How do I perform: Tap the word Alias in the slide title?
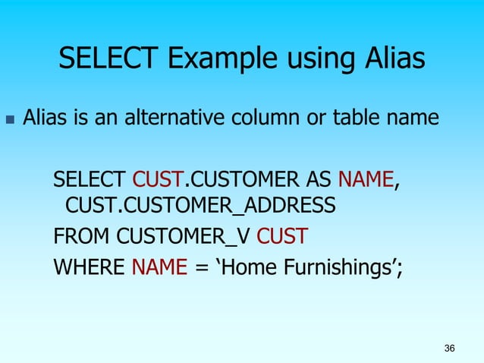tap(388, 58)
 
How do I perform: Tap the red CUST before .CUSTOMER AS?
tap(158, 180)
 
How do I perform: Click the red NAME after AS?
tap(366, 180)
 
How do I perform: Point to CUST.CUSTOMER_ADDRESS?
tap(200, 205)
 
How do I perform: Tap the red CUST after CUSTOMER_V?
tap(281, 236)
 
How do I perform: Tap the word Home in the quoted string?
tap(247, 267)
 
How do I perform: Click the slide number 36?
tap(449, 349)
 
